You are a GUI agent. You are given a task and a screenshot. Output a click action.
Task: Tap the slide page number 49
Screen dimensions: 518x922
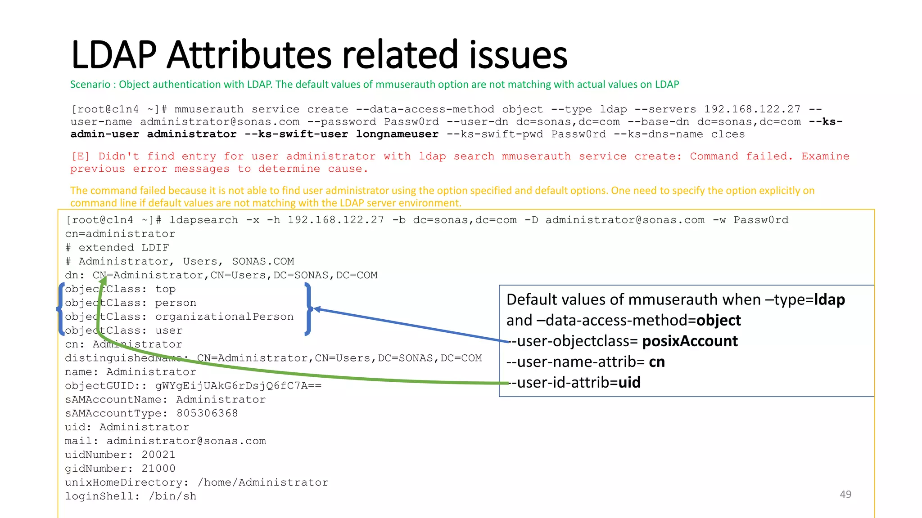tap(845, 494)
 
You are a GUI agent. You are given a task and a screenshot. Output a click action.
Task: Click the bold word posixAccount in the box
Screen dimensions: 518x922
tap(690, 341)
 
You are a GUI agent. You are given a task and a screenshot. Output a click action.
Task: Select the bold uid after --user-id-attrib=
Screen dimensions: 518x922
tap(629, 382)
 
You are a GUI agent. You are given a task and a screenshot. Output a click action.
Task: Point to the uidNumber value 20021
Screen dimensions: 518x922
tap(158, 455)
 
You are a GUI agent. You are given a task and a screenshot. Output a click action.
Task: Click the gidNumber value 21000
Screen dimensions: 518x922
tap(158, 469)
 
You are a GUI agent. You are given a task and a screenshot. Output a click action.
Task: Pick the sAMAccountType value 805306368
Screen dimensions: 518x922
tap(207, 413)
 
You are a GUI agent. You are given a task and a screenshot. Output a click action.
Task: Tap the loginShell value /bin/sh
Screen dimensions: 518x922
tap(172, 496)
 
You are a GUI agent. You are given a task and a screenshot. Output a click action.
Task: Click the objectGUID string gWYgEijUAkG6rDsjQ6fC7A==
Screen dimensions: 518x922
tap(238, 386)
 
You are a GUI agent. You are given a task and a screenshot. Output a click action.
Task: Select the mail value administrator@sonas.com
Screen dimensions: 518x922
tap(186, 441)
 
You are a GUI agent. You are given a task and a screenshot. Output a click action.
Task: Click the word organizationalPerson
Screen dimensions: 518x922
tap(224, 317)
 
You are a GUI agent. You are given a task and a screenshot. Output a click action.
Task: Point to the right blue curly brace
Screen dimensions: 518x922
tap(308, 309)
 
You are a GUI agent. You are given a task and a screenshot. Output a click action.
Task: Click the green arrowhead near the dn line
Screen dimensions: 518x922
tap(103, 281)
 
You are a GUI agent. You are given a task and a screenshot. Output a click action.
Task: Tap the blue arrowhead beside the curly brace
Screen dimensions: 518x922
tap(317, 309)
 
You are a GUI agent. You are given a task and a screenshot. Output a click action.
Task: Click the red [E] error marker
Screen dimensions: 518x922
tap(81, 156)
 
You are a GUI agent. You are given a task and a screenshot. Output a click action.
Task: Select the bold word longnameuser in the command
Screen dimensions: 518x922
tap(397, 134)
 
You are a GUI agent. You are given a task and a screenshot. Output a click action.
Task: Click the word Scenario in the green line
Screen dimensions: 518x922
tap(90, 85)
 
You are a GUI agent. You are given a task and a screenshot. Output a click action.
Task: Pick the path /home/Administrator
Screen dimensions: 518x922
tap(263, 482)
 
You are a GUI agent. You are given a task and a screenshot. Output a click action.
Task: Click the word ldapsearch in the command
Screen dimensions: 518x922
tap(203, 220)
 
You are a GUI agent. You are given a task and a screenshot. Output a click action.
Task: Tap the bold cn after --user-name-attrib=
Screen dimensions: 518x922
tap(656, 362)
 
